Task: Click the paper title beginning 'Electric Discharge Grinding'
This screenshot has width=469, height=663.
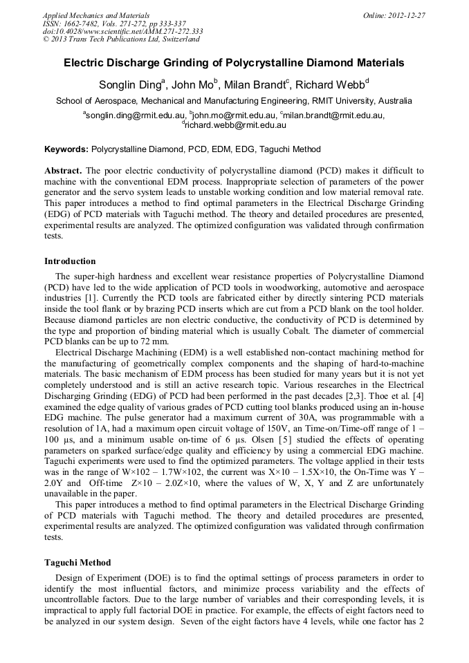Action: pyautogui.click(x=234, y=63)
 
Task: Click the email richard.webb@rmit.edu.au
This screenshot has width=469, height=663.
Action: pyautogui.click(x=235, y=125)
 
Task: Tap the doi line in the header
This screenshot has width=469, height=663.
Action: pyautogui.click(x=122, y=31)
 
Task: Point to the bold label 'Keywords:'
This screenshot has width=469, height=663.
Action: pyautogui.click(x=66, y=149)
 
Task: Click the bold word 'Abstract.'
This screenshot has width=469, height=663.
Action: pyautogui.click(x=63, y=170)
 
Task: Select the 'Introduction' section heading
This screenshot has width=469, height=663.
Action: pyautogui.click(x=70, y=261)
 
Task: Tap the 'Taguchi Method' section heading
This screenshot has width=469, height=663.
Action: pyautogui.click(x=77, y=563)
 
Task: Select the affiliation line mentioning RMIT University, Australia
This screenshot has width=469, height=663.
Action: pyautogui.click(x=234, y=101)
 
